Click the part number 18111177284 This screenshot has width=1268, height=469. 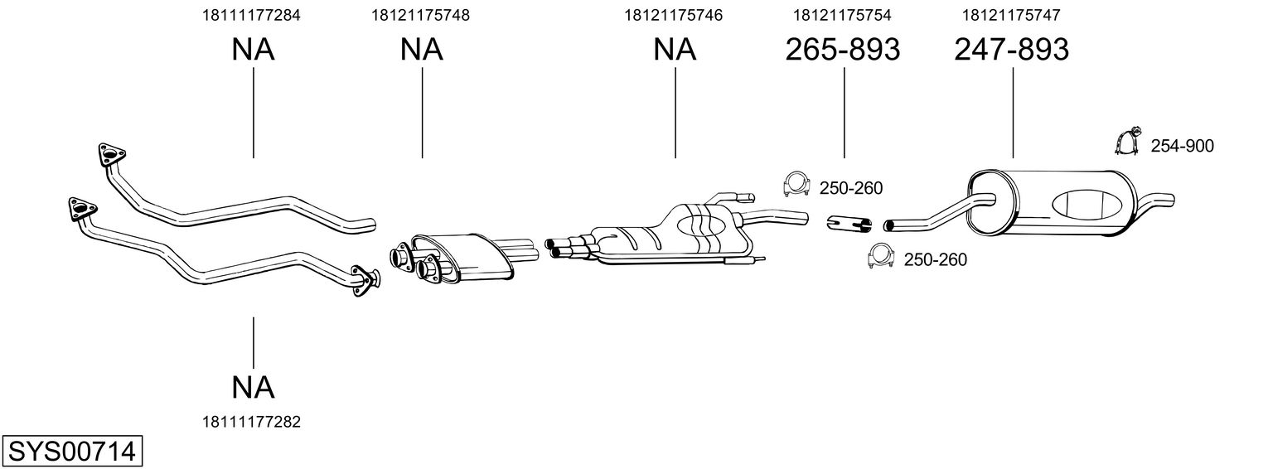tap(251, 15)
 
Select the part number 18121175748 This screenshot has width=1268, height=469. tap(420, 15)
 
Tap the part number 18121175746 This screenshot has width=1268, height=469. tap(674, 15)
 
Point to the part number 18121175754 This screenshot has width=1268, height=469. tap(842, 15)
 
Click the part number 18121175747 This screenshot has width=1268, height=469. tap(1012, 15)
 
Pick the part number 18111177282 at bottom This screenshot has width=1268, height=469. tap(251, 422)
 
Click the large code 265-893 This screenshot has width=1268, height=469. tap(842, 49)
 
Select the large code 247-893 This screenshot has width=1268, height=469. tap(1012, 49)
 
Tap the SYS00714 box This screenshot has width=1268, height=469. tap(72, 452)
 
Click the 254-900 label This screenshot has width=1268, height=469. tap(1183, 146)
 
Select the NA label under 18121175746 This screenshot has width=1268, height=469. tap(675, 49)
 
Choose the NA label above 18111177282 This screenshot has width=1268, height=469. tap(253, 388)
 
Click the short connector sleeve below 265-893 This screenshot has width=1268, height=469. tap(849, 224)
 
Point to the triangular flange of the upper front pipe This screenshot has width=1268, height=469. tap(112, 154)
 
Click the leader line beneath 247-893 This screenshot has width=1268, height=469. tap(1013, 113)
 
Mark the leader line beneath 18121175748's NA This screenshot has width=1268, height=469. tap(423, 113)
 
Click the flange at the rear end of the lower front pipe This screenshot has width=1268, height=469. tap(365, 280)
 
